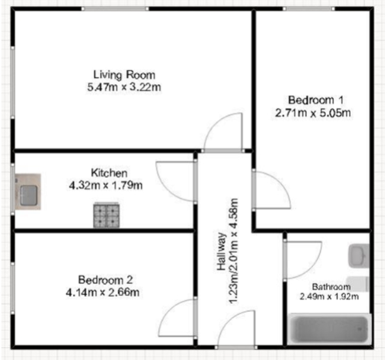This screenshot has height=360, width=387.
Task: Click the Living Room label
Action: click(124, 75)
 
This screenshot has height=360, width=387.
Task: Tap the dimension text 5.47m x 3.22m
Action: click(124, 87)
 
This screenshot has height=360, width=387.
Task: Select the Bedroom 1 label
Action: click(315, 100)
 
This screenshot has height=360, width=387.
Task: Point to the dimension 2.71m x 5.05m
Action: click(313, 113)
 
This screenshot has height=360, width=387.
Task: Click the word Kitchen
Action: click(109, 173)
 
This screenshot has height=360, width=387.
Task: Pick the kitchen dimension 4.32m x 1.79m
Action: click(106, 185)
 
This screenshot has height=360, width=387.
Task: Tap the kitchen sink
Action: click(28, 192)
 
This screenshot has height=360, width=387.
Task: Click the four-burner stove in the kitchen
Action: click(106, 215)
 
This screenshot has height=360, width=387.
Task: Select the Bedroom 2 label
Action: click(106, 280)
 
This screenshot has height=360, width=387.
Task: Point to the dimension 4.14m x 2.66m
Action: click(102, 293)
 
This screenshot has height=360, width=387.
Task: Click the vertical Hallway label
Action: click(222, 252)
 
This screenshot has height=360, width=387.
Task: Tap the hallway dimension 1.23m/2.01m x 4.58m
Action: click(233, 251)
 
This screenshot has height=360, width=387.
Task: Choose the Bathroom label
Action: click(331, 286)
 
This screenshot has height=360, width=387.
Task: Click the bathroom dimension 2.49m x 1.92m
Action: click(329, 296)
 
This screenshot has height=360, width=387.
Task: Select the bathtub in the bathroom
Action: click(329, 329)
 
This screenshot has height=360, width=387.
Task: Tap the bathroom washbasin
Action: click(359, 256)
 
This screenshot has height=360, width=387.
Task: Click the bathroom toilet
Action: click(358, 284)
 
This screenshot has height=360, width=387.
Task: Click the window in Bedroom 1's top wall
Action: click(308, 9)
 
